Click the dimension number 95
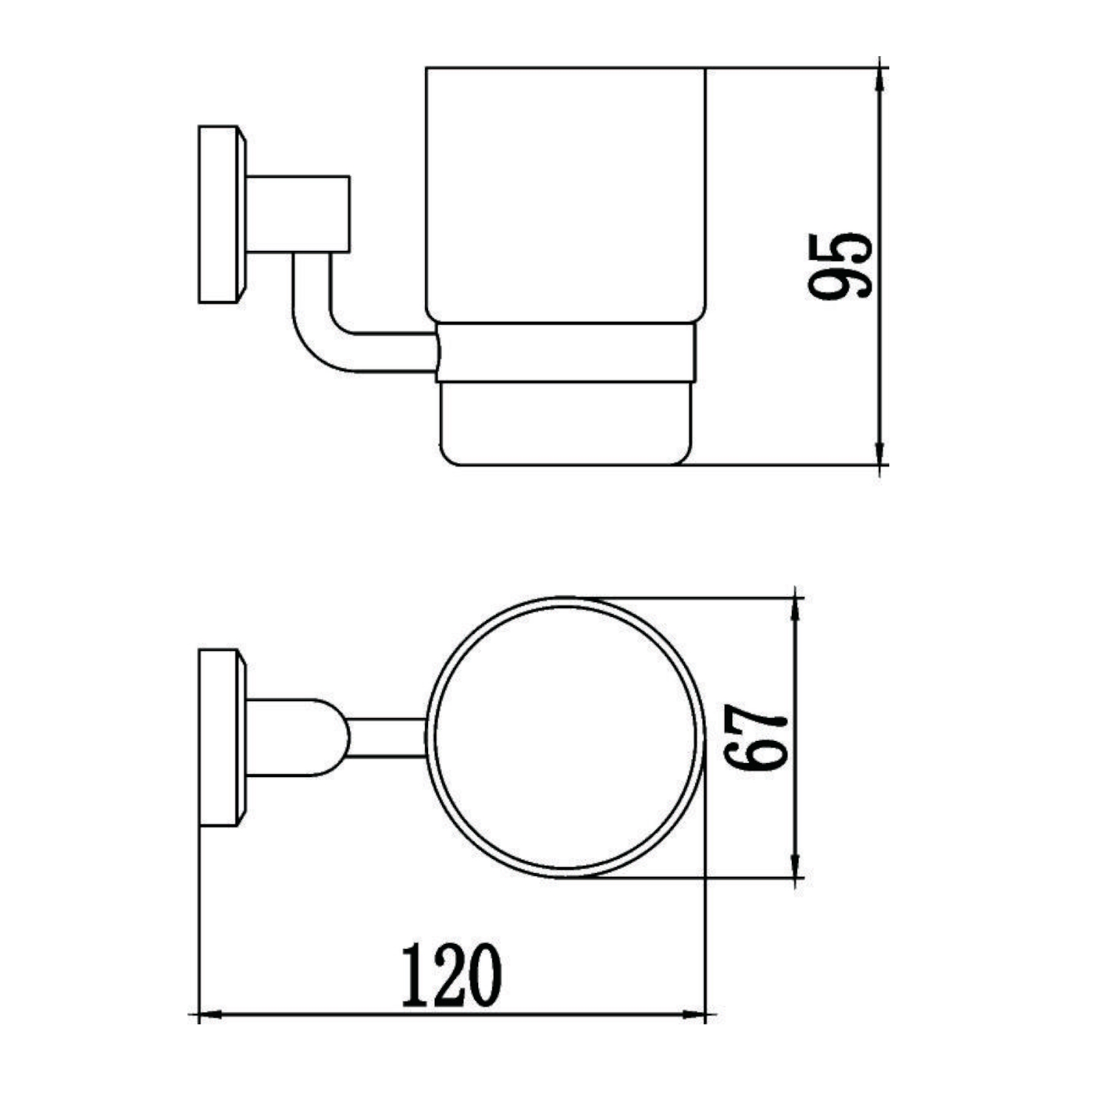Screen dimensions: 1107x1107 point(840,266)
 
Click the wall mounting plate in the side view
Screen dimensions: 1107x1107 point(219,214)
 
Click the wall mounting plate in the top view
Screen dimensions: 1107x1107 point(219,737)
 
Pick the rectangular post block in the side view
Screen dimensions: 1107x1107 point(297,214)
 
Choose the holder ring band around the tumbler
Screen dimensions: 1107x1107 point(565,352)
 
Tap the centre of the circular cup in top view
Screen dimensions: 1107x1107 point(565,737)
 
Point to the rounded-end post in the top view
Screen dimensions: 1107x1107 point(295,737)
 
